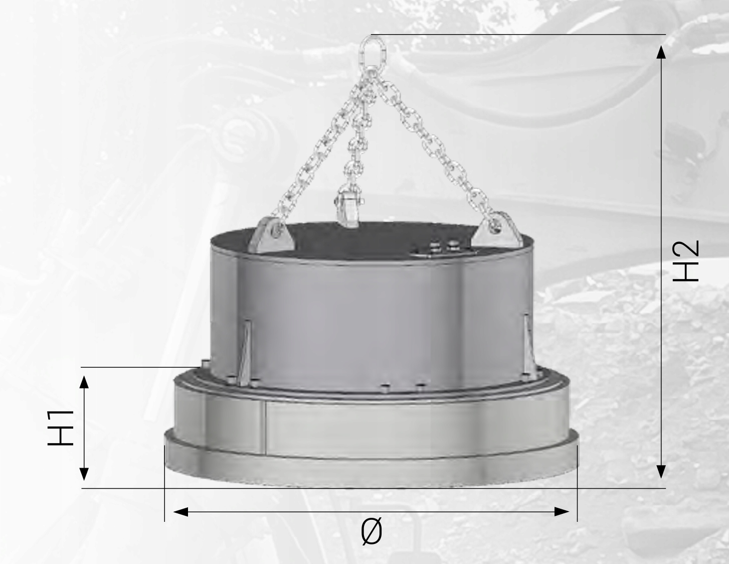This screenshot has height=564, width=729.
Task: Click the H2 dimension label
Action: click(685, 261)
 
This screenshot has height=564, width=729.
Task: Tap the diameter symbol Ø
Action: click(372, 531)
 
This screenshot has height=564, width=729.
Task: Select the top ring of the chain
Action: click(372, 50)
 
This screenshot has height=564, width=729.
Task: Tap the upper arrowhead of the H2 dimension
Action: click(661, 52)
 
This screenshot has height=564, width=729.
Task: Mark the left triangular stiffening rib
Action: click(245, 354)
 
